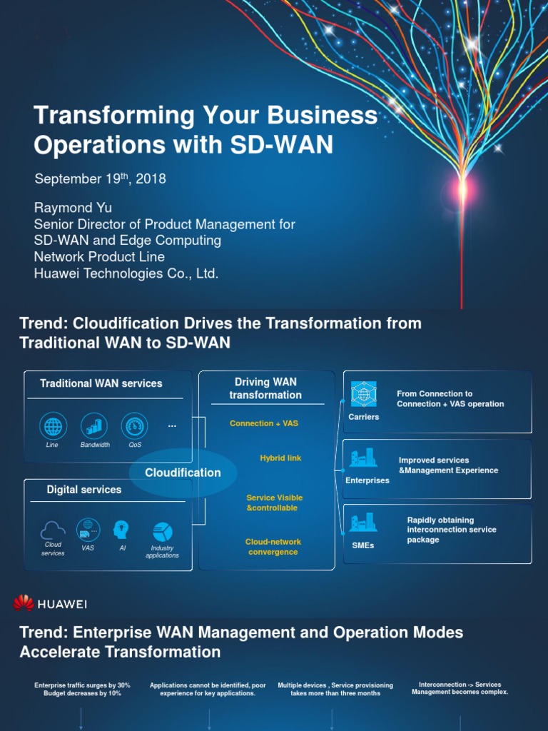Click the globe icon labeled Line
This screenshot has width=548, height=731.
[53, 426]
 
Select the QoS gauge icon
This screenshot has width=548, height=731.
[134, 426]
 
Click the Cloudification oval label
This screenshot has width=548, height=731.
[183, 473]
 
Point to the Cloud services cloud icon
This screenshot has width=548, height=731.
[53, 530]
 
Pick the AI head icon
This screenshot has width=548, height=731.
[122, 530]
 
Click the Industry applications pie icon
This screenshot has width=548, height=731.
[163, 532]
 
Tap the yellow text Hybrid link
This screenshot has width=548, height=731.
[280, 458]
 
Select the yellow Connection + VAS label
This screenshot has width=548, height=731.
[264, 423]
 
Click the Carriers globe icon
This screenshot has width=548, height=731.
[363, 395]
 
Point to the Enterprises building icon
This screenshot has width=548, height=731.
[362, 459]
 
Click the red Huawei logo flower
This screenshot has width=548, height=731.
[24, 604]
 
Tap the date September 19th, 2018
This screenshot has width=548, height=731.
[100, 179]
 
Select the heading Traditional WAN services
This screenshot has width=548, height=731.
[101, 383]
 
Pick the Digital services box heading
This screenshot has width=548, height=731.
[84, 490]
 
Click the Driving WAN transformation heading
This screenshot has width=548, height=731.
[265, 388]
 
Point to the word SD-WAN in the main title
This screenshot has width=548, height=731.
[281, 145]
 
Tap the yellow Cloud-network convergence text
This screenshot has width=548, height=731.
[273, 547]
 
